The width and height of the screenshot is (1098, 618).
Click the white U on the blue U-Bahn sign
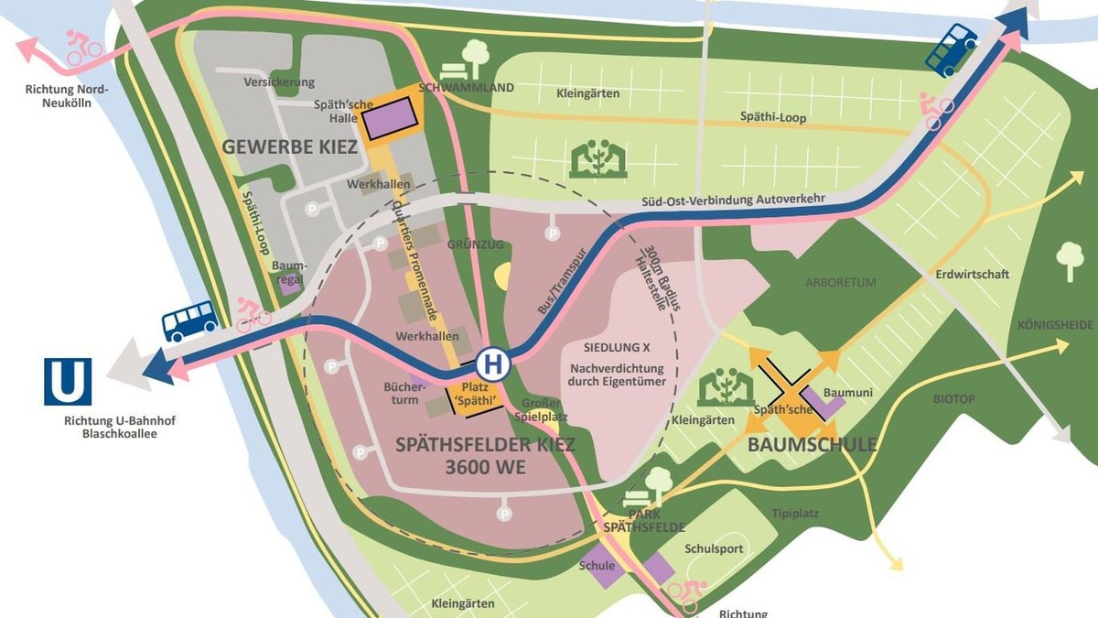(x=68, y=382)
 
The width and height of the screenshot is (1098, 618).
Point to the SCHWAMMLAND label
(x=467, y=88)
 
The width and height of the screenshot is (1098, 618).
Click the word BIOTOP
(x=954, y=399)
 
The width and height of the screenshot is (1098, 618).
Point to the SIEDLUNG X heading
(x=617, y=348)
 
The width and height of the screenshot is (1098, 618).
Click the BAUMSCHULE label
(x=813, y=446)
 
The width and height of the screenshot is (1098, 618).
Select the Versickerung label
(x=279, y=82)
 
